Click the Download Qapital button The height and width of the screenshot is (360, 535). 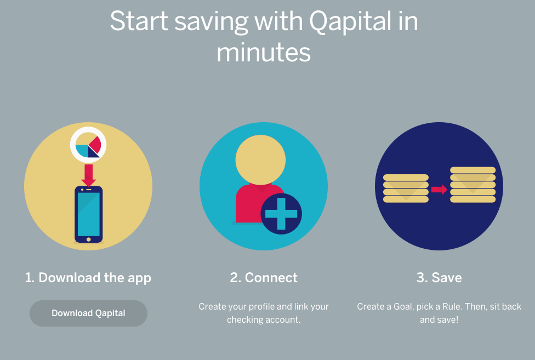pos(88,313)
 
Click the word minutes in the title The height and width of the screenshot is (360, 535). pos(264,52)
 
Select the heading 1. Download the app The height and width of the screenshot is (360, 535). pos(88,278)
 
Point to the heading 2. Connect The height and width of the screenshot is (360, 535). pos(264,277)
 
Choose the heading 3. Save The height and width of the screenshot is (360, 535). pos(439,277)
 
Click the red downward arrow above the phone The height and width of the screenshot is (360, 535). pos(88,175)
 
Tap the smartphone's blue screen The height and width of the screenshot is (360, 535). pos(89,214)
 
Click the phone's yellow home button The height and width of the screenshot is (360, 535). pos(89,239)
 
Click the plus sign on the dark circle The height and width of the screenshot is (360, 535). pos(281,214)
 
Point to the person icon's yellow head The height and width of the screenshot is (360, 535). pos(261,159)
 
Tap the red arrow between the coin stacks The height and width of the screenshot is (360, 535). pos(439,190)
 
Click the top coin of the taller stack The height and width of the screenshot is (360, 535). pos(473,170)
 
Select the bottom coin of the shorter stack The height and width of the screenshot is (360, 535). pos(406,199)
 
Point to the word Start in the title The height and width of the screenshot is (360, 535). pos(139,21)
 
